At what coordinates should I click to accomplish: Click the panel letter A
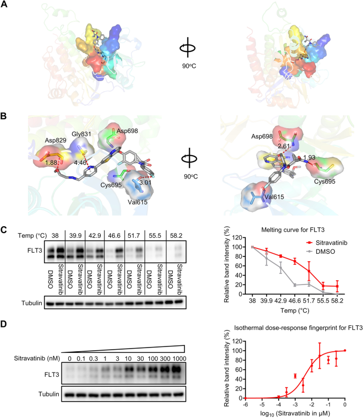click(4, 5)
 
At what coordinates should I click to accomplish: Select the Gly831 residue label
click(83, 135)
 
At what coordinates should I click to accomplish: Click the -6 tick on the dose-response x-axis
click(244, 404)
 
